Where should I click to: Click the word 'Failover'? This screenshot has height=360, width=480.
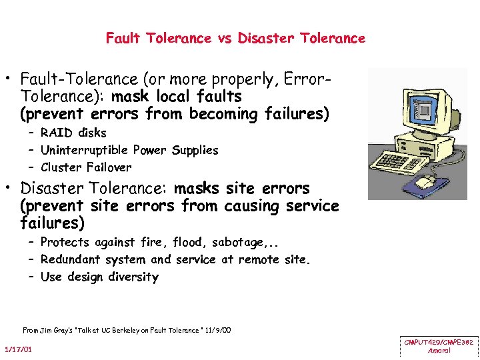[x=106, y=167]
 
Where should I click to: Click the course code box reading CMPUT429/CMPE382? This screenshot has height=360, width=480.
[x=439, y=345]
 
